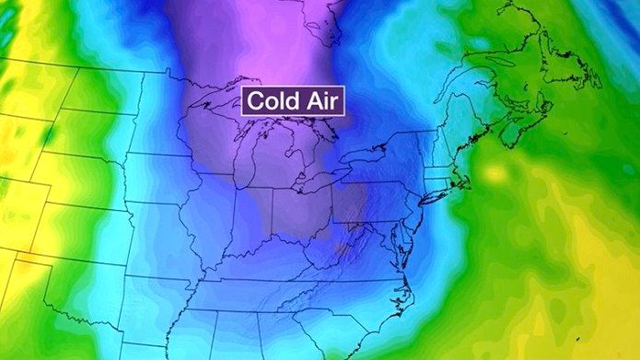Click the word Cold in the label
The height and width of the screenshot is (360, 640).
(273, 102)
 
